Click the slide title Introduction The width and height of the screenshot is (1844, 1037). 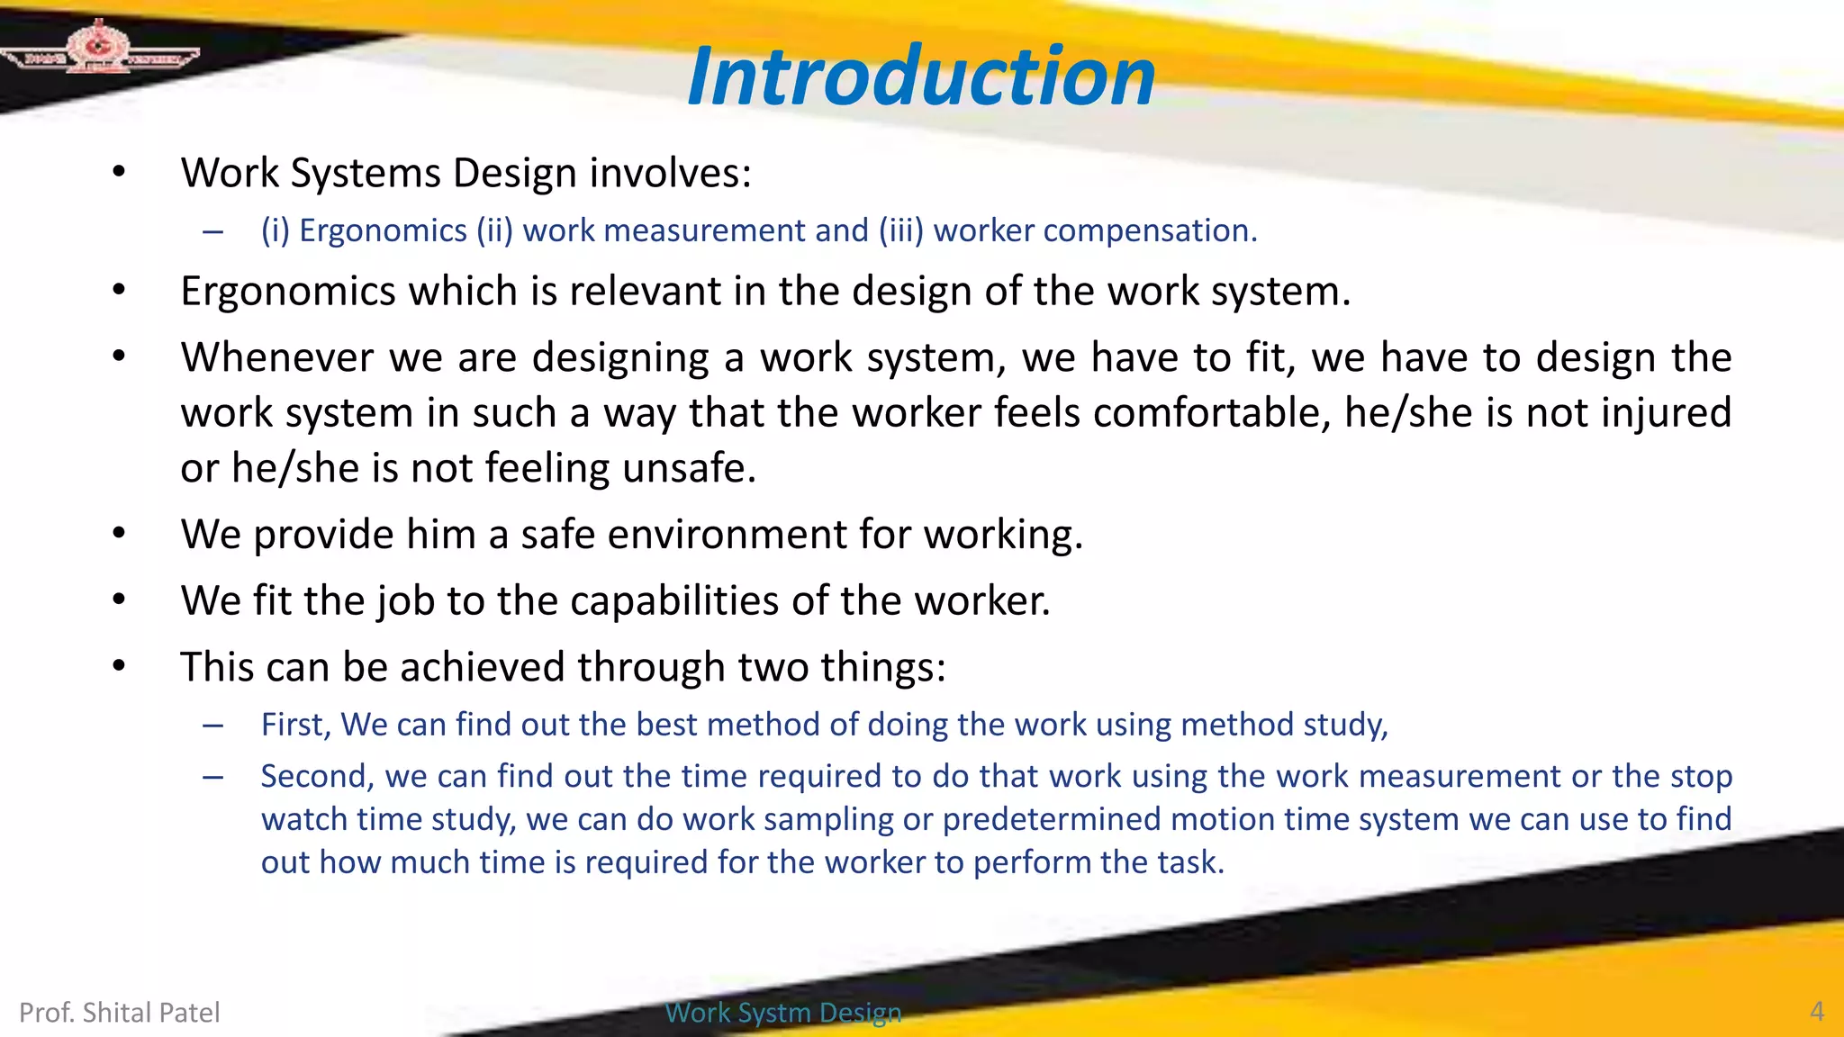[920, 77]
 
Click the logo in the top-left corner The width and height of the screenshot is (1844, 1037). [99, 50]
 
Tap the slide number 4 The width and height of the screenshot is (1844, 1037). [1817, 1012]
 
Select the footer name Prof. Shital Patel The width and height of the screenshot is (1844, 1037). [120, 1013]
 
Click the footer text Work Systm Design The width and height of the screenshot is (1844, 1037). [782, 1013]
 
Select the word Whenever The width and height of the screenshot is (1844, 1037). [277, 357]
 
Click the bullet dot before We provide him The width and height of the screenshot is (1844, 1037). [119, 534]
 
